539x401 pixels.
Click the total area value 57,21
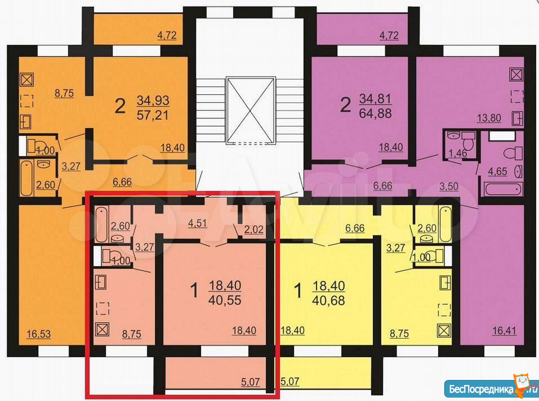(152, 115)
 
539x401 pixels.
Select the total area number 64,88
(375, 113)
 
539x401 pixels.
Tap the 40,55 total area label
(225, 300)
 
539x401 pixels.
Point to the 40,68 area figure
(328, 301)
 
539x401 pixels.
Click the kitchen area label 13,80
(488, 118)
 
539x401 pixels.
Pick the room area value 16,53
(39, 334)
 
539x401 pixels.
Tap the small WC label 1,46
(458, 153)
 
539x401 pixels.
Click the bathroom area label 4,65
(497, 171)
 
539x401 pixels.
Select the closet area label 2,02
(254, 230)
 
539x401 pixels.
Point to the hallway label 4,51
(197, 223)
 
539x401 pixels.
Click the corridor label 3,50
(448, 187)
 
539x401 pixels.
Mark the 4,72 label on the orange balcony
(167, 35)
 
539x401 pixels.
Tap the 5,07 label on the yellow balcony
(290, 381)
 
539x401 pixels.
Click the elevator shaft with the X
(251, 111)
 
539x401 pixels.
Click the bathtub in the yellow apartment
(445, 224)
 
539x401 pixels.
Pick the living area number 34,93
(153, 100)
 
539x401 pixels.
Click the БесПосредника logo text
(481, 389)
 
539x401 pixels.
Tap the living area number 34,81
(375, 98)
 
